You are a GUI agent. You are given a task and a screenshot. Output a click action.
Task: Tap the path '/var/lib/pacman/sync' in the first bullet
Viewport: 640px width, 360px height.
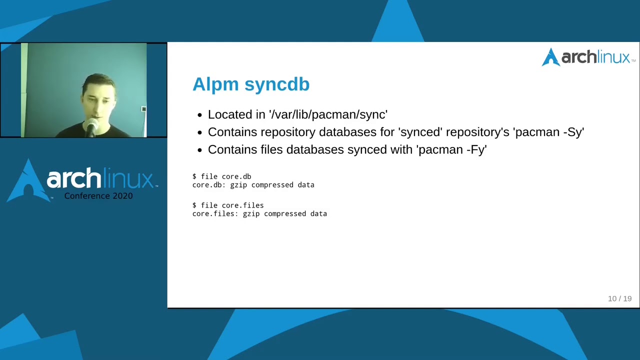pos(328,114)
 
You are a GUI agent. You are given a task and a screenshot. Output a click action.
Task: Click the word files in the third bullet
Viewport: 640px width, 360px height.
pos(272,149)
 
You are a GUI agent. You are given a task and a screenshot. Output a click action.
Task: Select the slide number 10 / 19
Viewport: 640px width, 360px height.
pos(619,298)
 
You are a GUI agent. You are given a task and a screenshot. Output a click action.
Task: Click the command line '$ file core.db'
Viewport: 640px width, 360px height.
pos(221,176)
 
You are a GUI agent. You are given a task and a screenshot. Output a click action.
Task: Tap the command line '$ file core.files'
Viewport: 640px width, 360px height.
pos(228,205)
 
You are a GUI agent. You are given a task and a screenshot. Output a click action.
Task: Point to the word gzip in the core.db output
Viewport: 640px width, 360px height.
pos(238,185)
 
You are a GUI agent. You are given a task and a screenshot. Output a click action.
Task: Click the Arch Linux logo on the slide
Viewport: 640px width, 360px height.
pos(588,57)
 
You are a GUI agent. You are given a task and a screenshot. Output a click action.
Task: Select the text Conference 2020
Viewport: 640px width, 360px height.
pos(98,196)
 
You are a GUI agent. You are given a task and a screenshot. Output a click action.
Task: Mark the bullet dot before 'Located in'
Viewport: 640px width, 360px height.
pos(199,115)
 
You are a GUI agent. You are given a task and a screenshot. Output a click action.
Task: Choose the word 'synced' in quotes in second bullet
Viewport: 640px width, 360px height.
pos(420,132)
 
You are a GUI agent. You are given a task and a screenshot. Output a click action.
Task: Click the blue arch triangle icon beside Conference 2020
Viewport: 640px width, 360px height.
pos(28,180)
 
